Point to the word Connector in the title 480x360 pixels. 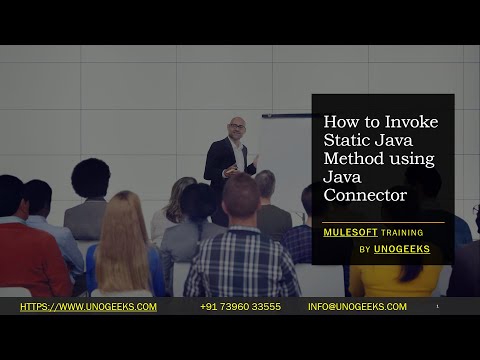(x=365, y=194)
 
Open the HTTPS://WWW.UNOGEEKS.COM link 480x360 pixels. (x=88, y=307)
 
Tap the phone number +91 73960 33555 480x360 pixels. (x=240, y=307)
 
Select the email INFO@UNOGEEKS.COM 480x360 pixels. (x=357, y=307)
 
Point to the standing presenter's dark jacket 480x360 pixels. (x=222, y=165)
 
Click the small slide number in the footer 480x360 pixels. (x=437, y=307)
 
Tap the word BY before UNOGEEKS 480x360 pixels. (x=365, y=249)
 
